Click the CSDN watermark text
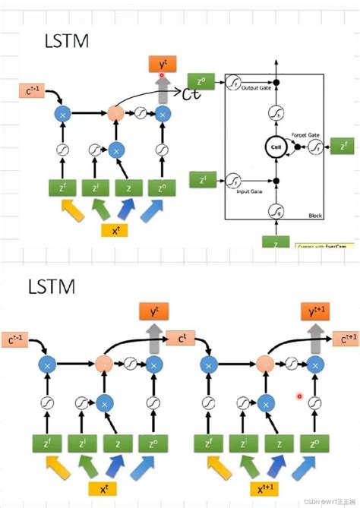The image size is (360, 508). (324, 501)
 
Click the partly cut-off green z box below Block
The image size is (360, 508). (276, 243)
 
